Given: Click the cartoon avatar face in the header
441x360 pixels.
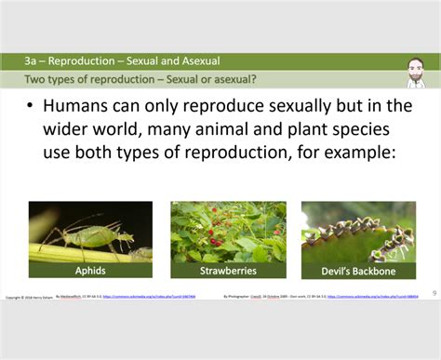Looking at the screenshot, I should click(x=418, y=69).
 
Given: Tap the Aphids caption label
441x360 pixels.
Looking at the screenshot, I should click(x=89, y=271).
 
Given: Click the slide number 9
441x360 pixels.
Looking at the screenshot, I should click(x=433, y=293).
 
